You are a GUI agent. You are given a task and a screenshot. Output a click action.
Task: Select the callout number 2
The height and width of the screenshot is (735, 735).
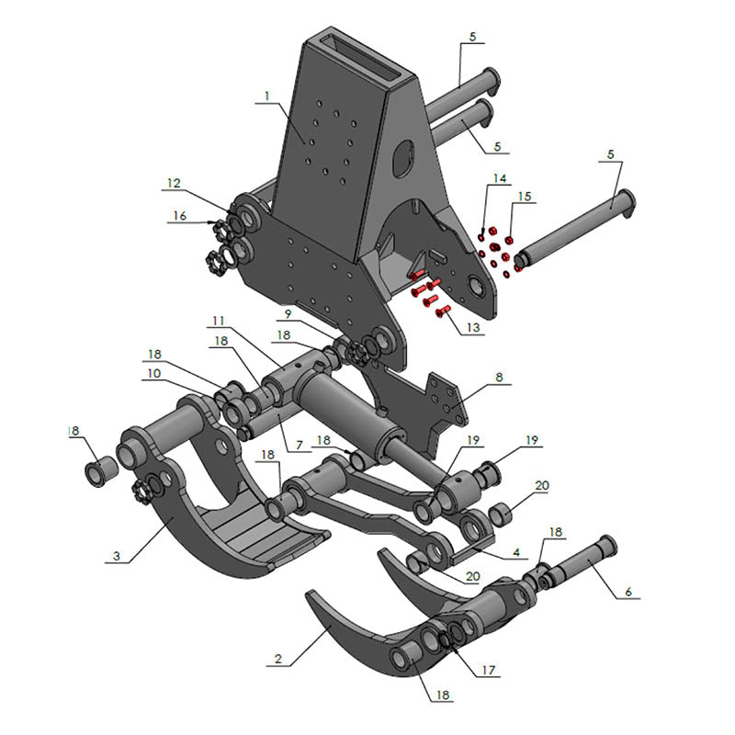point(277,660)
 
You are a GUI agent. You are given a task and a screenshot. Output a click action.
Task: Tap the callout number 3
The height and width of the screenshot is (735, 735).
point(117,556)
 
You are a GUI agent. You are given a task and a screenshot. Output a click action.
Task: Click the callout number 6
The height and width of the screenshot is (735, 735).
point(628,593)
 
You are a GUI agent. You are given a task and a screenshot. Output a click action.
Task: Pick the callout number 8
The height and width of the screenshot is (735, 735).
point(500,378)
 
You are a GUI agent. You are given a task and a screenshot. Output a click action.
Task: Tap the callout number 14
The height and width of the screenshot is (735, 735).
point(499,178)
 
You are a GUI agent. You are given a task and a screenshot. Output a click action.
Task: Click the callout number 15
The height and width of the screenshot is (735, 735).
point(524,197)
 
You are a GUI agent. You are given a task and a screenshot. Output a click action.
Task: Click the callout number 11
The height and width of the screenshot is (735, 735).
point(218,321)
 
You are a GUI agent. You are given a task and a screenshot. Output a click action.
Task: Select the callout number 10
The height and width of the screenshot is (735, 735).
point(153,374)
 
